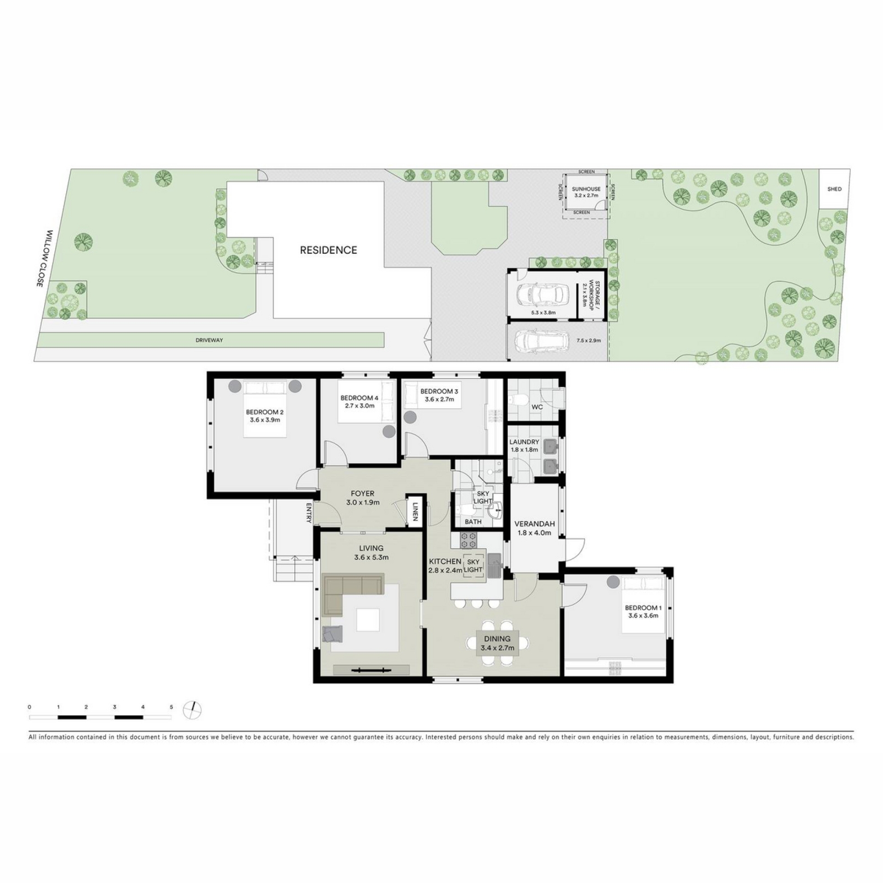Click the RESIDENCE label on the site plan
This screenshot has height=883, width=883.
(x=328, y=250)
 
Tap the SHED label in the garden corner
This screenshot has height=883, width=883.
(x=834, y=189)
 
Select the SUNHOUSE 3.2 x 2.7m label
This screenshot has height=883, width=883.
(x=586, y=192)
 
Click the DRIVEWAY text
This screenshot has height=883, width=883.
(x=209, y=340)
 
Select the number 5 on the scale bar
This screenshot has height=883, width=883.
(x=171, y=707)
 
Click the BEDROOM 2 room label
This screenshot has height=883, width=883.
(x=264, y=416)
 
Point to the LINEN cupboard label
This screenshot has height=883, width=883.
(x=414, y=511)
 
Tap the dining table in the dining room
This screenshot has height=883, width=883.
(x=498, y=643)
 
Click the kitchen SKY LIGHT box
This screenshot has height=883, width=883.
(x=473, y=566)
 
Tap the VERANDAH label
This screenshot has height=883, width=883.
(x=534, y=528)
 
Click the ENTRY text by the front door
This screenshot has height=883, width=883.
(x=308, y=513)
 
